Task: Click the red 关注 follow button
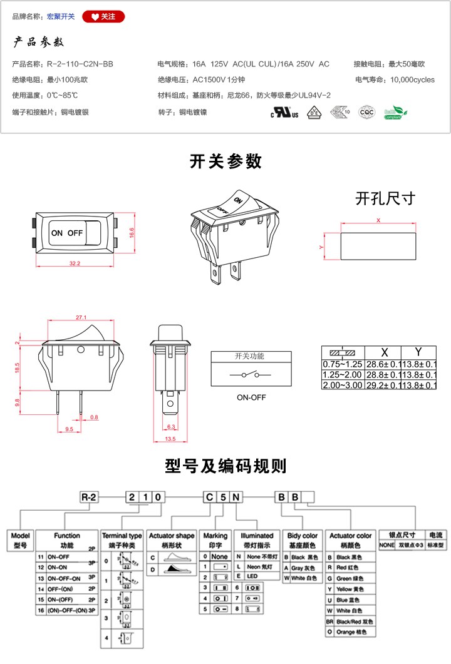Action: coord(103,17)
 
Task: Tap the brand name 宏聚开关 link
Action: coord(61,17)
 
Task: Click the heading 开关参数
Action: coord(225,161)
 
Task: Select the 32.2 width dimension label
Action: coord(75,263)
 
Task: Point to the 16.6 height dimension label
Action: coord(132,231)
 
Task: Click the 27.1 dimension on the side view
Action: coord(81,317)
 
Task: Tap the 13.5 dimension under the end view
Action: coord(170,439)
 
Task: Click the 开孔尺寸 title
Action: coord(385,198)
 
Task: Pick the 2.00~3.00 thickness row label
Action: coord(343,385)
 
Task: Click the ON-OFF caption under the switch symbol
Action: coord(251,397)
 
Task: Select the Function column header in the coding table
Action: coord(67,536)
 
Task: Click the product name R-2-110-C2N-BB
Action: coord(80,64)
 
